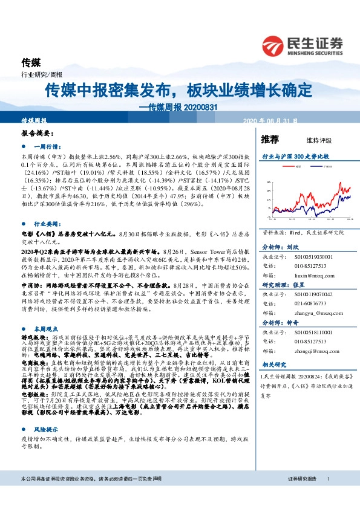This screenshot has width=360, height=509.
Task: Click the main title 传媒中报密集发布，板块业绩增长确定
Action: tap(178, 91)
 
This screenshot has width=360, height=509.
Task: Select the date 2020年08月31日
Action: tap(270, 122)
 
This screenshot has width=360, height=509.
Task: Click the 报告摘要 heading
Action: tap(38, 132)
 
